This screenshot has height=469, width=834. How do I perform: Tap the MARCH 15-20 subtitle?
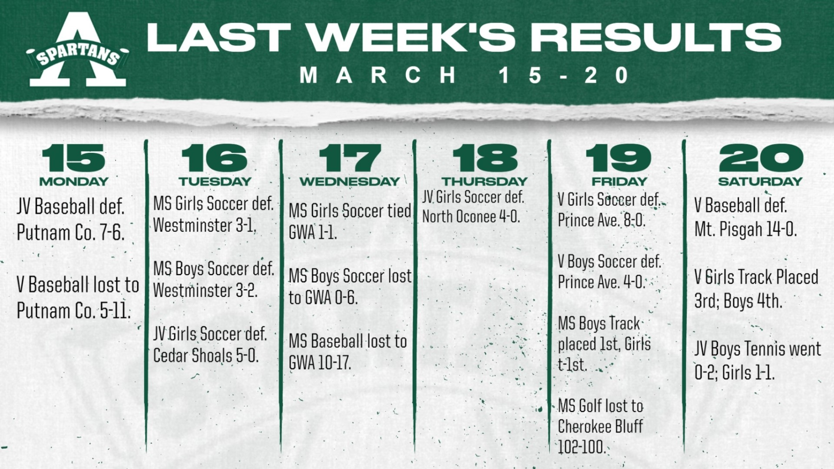(464, 75)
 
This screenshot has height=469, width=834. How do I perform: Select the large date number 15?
(73, 159)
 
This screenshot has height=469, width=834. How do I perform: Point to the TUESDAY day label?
(215, 181)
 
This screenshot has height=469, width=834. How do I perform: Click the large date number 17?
(350, 159)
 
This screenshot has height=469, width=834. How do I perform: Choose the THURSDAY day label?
(484, 181)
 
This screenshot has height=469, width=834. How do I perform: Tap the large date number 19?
(619, 159)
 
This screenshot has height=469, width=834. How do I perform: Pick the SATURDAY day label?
(760, 181)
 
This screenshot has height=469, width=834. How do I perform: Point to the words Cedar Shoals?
(193, 356)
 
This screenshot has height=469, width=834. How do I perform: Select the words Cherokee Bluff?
(600, 426)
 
